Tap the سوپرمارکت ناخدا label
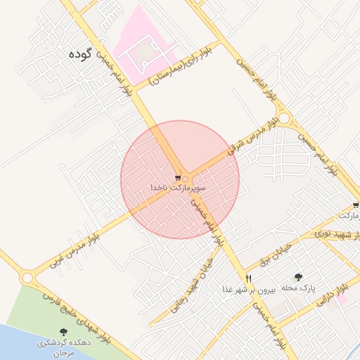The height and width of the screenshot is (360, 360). tap(178, 188)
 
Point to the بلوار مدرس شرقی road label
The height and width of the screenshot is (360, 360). tap(253, 137)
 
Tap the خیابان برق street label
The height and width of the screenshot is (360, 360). tap(275, 253)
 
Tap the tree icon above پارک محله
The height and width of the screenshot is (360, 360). tap(298, 278)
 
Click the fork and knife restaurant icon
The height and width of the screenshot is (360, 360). tap(248, 278)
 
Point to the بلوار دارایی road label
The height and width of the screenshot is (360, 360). tap(330, 297)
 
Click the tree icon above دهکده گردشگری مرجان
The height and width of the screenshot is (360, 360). tap(64, 331)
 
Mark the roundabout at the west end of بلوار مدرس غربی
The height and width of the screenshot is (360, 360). tap(27, 278)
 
